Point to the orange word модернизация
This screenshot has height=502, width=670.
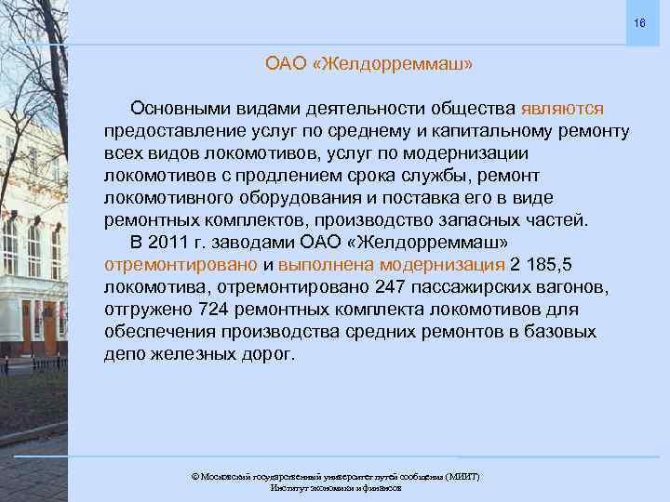448,264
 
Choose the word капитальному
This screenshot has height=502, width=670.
507,130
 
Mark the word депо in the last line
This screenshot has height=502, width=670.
125,354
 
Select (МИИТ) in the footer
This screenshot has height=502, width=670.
462,476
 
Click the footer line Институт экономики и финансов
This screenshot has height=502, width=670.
335,487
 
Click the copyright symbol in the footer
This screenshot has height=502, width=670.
194,476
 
